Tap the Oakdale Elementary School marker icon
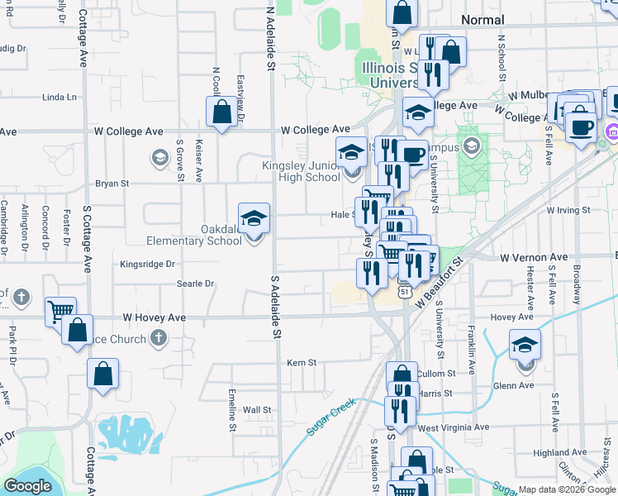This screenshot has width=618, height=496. coord(254,219)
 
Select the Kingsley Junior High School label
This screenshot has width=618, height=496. coord(301,171)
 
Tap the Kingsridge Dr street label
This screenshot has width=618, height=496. coord(148,265)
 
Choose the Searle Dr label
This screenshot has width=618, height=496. coord(195,284)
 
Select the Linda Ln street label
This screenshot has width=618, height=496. coord(59,97)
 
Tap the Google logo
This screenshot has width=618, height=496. coord(27,486)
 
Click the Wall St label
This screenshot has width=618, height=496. coord(257,410)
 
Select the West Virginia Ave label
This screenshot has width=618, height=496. coord(454,427)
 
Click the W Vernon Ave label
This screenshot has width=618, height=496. coord(534,258)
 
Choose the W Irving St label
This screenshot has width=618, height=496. coord(568,210)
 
